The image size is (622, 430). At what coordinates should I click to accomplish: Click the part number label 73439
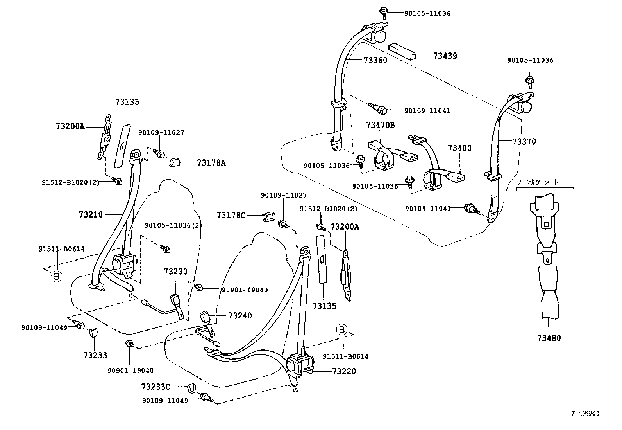[x=445, y=56]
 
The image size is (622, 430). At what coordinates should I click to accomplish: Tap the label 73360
[x=375, y=60]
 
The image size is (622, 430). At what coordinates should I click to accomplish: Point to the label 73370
[x=524, y=142]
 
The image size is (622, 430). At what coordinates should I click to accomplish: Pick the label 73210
[x=91, y=214]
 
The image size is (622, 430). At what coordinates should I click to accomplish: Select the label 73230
[x=175, y=272]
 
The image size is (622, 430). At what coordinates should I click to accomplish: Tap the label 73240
[x=240, y=315]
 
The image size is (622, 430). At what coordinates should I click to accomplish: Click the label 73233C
[x=156, y=387]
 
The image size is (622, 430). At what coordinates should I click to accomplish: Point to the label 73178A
[x=211, y=162]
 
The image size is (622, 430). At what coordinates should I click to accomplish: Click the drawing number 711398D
[x=585, y=414]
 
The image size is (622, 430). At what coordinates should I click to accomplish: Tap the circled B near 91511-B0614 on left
[x=57, y=277]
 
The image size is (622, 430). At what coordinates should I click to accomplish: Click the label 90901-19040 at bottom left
[x=130, y=370]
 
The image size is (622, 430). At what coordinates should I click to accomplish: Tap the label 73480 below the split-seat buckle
[x=549, y=338]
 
